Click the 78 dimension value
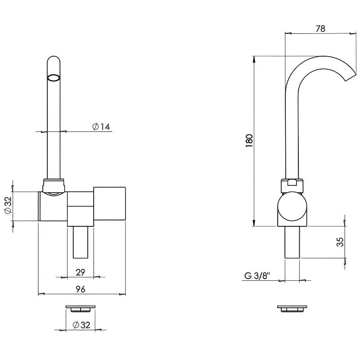pos(320,29)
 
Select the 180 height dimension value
pos(249,140)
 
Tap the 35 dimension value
pos(340,242)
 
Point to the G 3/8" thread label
pos(257,275)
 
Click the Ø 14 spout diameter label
pos(101,126)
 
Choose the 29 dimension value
pos(80,272)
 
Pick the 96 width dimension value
pos(80,289)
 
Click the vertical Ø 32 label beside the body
pos(8,205)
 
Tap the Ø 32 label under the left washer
pos(81,325)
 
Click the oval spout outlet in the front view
pos(54,77)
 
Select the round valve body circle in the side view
pos(292,207)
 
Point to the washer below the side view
pos(292,309)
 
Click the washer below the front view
pos(80,309)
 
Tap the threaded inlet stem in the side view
pos(292,243)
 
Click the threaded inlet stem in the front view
pos(81,242)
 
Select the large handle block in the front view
pos(109,204)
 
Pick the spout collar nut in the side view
pos(292,185)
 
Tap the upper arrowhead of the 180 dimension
pos(254,59)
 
